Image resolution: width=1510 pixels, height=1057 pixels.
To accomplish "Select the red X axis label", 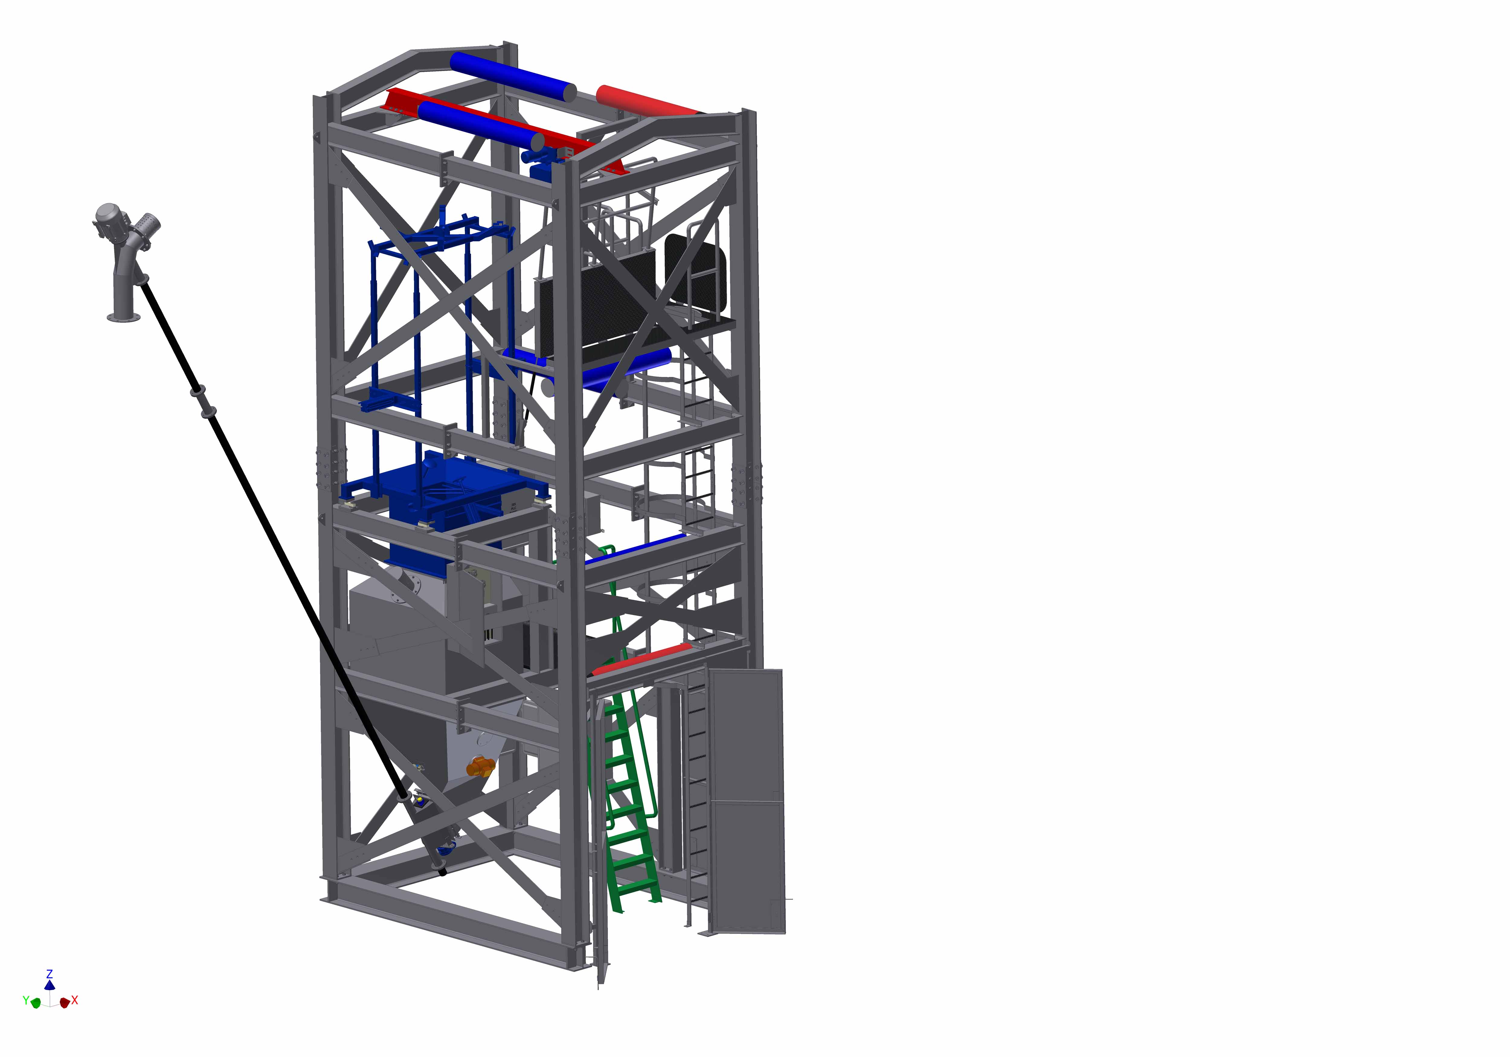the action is tap(75, 1001).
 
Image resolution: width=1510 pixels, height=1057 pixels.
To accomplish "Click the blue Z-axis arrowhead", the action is tap(49, 985).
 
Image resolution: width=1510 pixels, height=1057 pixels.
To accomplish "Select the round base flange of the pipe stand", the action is tap(124, 318).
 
